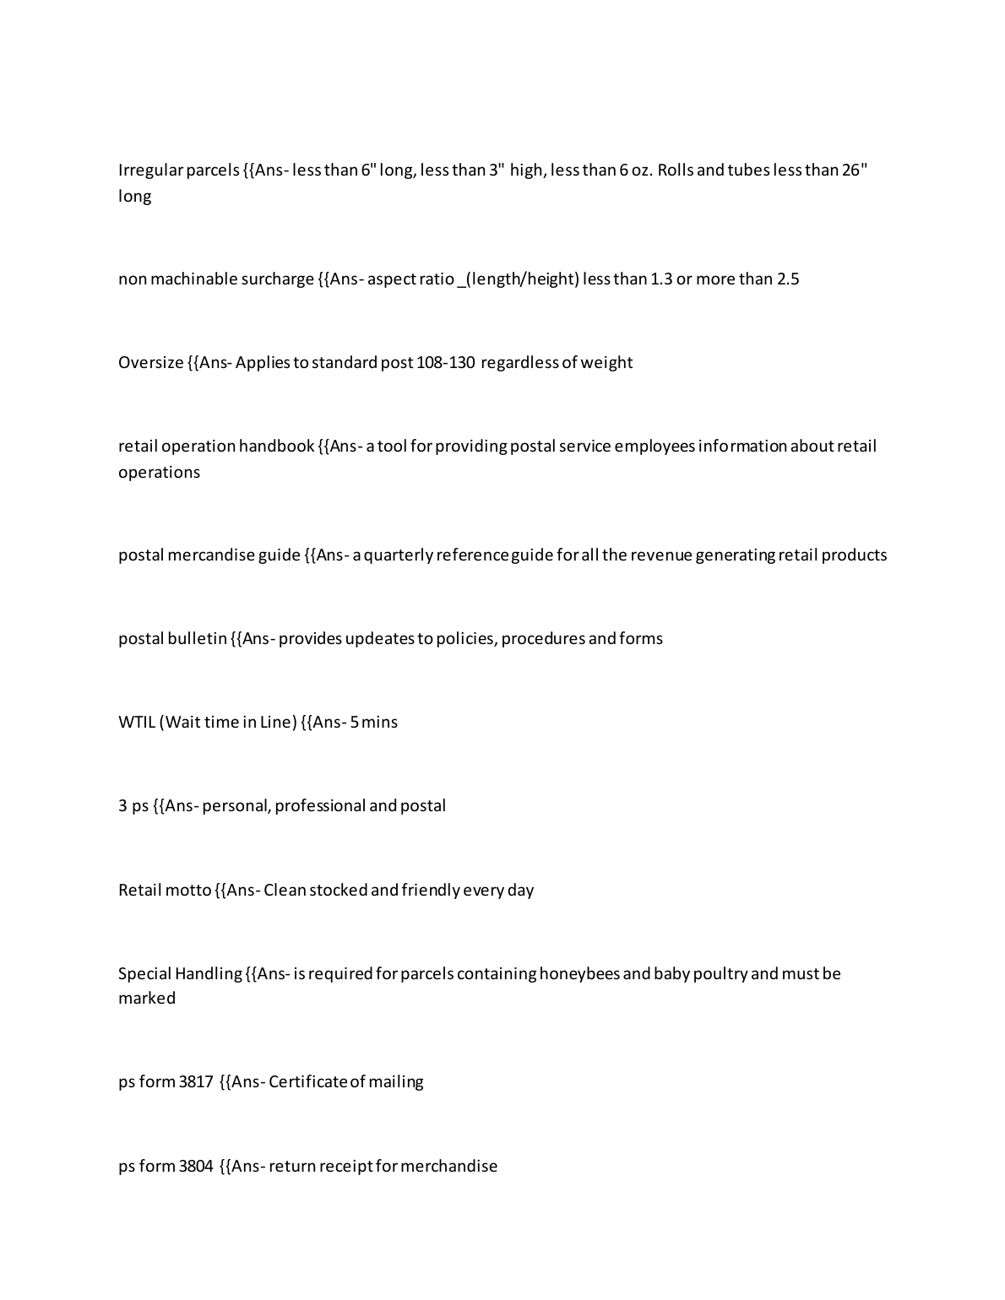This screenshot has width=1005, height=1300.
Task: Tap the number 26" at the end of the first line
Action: click(x=855, y=170)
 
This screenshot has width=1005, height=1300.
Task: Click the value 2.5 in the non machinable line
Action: click(x=787, y=279)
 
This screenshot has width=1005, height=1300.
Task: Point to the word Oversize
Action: click(x=150, y=362)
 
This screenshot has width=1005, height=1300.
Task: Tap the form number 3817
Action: click(x=196, y=1081)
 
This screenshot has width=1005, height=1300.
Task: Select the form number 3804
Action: click(x=196, y=1166)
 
